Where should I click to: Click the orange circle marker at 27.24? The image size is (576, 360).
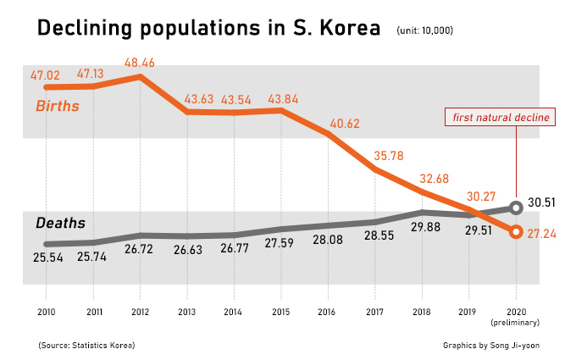(x=516, y=232)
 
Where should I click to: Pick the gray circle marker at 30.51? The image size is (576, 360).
(x=516, y=207)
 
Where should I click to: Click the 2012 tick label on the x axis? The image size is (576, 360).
(x=140, y=311)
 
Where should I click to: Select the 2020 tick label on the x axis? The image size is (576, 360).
(x=516, y=311)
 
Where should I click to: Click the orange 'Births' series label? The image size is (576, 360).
(x=57, y=106)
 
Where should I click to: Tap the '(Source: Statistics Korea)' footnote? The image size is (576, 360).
(x=86, y=345)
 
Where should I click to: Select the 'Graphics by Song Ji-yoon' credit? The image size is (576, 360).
(x=490, y=345)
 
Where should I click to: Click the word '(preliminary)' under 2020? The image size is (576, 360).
(x=516, y=323)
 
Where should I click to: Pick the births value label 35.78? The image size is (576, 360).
(x=389, y=156)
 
